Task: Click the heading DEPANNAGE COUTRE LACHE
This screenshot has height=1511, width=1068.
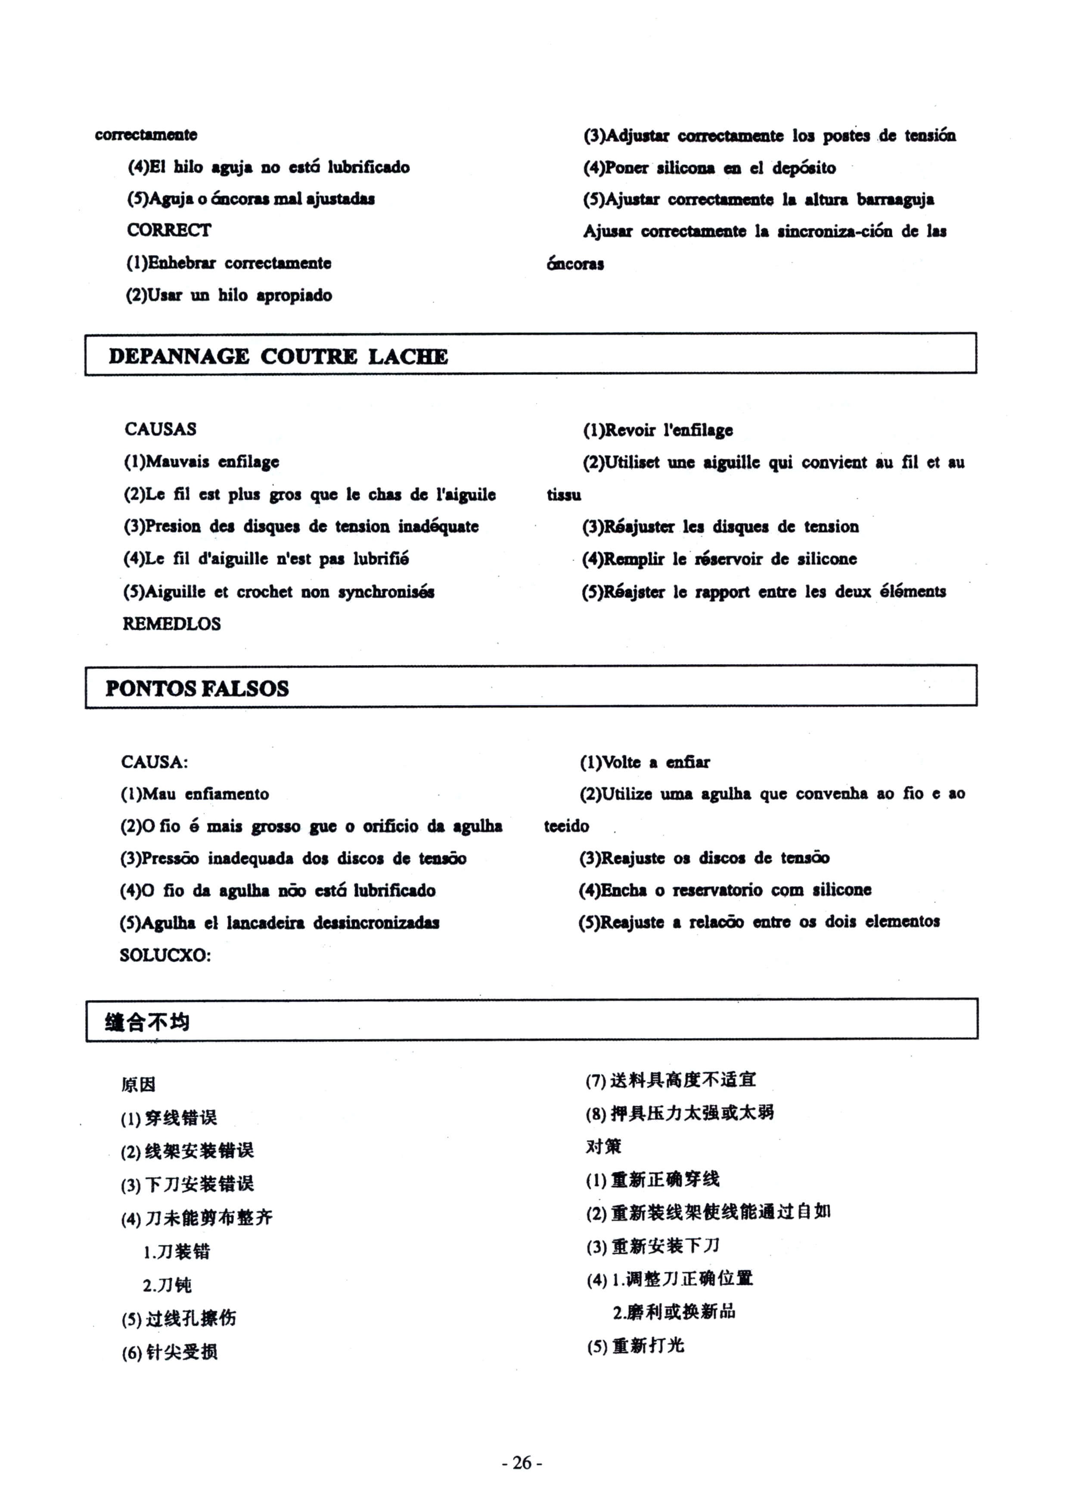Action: point(278,356)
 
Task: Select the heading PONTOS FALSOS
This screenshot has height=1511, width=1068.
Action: point(197,688)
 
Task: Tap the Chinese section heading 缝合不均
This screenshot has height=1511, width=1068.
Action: point(147,1022)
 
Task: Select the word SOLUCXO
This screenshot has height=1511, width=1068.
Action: point(165,955)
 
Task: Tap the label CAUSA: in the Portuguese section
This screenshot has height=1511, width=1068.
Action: point(154,762)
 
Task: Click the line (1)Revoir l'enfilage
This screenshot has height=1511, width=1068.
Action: point(658,430)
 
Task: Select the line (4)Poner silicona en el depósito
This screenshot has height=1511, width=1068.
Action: point(709,168)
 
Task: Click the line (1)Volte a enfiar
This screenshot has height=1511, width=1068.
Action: point(644,762)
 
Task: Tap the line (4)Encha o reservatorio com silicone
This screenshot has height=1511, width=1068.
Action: point(724,890)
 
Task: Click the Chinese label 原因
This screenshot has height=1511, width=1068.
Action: point(138,1084)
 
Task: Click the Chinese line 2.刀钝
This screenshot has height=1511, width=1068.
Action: point(167,1284)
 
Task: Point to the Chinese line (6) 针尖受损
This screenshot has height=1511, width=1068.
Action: point(169,1352)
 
